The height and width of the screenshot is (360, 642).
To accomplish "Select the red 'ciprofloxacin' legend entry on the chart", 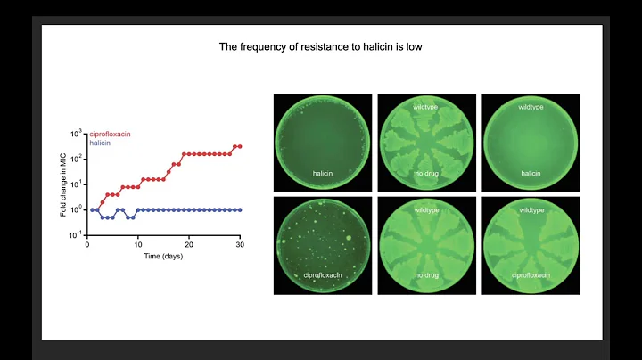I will coord(113,135).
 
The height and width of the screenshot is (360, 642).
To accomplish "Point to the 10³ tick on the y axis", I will coord(76,133).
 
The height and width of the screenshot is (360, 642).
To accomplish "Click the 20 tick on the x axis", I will coord(189,243).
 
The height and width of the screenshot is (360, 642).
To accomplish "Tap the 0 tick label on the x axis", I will coord(86,243).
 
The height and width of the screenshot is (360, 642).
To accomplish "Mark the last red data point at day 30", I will coord(240,146).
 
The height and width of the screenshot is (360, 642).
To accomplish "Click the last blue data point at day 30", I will coord(240,209).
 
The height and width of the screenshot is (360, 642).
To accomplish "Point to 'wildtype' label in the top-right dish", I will coord(524,107).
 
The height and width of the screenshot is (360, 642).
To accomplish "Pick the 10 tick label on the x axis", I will coord(137,243).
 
